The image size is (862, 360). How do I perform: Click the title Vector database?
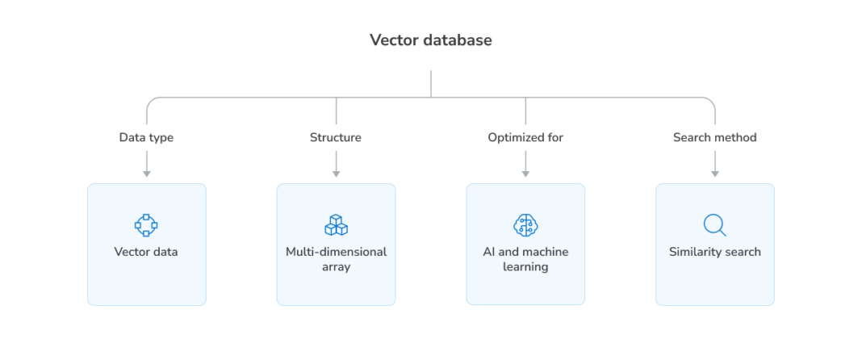tap(430, 40)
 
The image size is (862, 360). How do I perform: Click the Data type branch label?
tap(146, 137)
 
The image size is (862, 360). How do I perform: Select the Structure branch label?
tap(336, 137)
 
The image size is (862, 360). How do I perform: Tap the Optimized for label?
tap(525, 137)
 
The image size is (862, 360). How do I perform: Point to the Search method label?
tap(714, 137)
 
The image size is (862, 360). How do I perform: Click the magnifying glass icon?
tap(714, 224)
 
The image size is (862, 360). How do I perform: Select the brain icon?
tap(525, 224)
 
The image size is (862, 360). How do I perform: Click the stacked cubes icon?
tap(336, 224)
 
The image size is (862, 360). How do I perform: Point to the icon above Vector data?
tap(146, 224)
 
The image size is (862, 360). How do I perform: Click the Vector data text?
tap(146, 252)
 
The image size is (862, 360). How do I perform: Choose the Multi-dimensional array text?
tap(336, 259)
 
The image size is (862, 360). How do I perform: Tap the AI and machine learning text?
tap(525, 259)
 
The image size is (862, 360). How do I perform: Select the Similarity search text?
tap(714, 252)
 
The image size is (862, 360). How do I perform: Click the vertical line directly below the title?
tap(431, 84)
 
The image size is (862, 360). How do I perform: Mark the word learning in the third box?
tap(525, 267)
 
